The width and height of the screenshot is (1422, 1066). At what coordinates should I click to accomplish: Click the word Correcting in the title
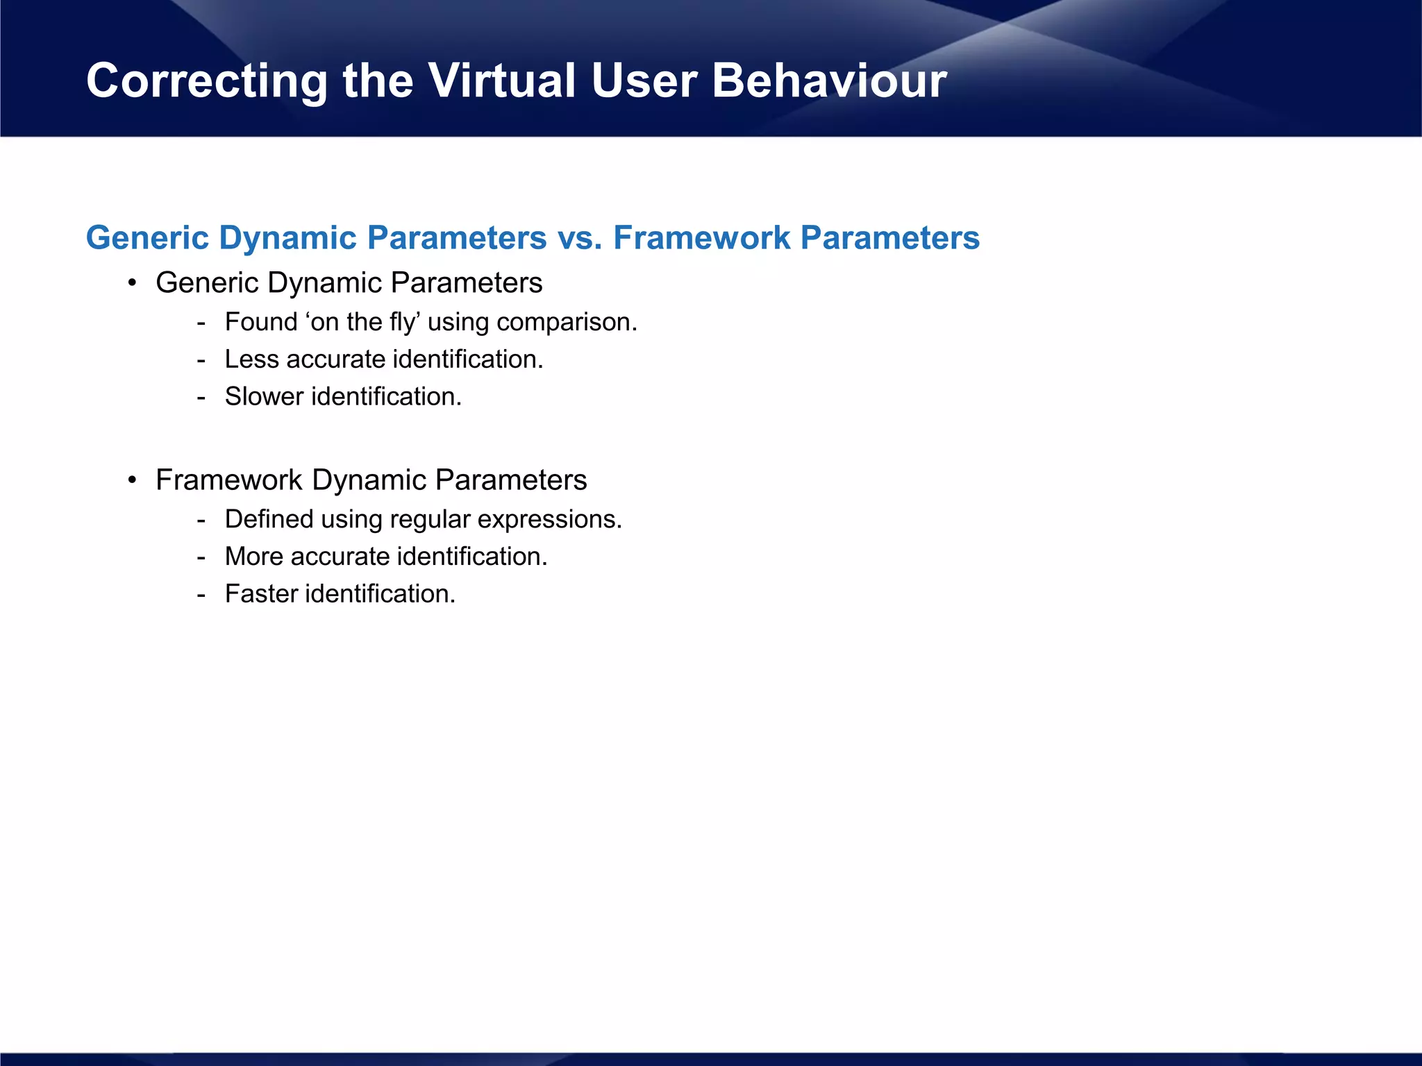206,81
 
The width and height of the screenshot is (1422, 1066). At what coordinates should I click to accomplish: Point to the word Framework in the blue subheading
701,238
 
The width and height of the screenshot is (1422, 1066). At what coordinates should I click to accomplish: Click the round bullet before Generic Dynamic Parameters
132,283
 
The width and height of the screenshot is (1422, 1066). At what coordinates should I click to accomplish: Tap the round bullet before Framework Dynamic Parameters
132,480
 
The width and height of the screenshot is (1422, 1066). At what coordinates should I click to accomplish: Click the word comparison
567,322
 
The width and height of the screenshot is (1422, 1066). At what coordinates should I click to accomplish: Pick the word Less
251,359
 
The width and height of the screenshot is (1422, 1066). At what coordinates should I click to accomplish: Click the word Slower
264,397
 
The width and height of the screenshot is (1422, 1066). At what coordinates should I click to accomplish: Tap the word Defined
269,519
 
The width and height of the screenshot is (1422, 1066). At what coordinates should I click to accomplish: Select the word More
253,557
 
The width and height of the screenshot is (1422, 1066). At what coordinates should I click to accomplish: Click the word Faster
261,594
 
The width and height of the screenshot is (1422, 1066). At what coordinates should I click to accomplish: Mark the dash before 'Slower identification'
201,398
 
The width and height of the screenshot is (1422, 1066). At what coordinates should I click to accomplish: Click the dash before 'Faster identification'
201,595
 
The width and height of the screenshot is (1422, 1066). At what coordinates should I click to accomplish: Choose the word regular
430,519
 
